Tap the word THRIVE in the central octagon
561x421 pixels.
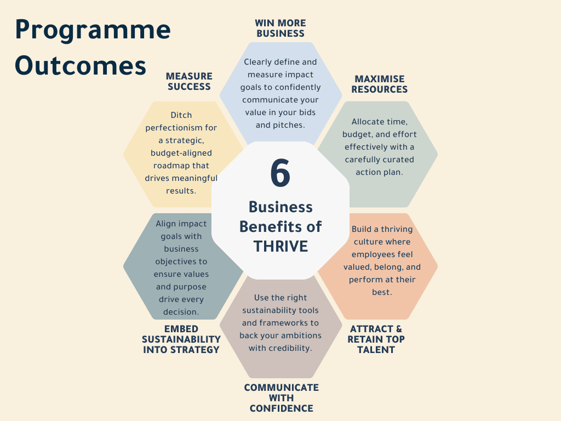pyautogui.click(x=280, y=246)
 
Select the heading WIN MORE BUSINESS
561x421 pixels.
pyautogui.click(x=280, y=28)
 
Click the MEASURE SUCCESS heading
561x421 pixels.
pyautogui.click(x=189, y=81)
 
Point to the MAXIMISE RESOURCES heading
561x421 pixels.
pyautogui.click(x=380, y=84)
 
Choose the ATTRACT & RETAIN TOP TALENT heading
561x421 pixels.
pyautogui.click(x=376, y=339)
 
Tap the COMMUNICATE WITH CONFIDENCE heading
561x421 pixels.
pyautogui.click(x=281, y=397)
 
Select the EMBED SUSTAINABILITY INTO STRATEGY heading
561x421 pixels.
pyautogui.click(x=181, y=339)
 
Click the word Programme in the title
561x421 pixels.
pyautogui.click(x=93, y=30)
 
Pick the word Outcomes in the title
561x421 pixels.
pyautogui.click(x=81, y=66)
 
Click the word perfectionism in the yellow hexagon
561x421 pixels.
pyautogui.click(x=181, y=128)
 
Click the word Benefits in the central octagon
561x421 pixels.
pyautogui.click(x=280, y=226)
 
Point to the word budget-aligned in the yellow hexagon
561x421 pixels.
pyautogui.click(x=181, y=153)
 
